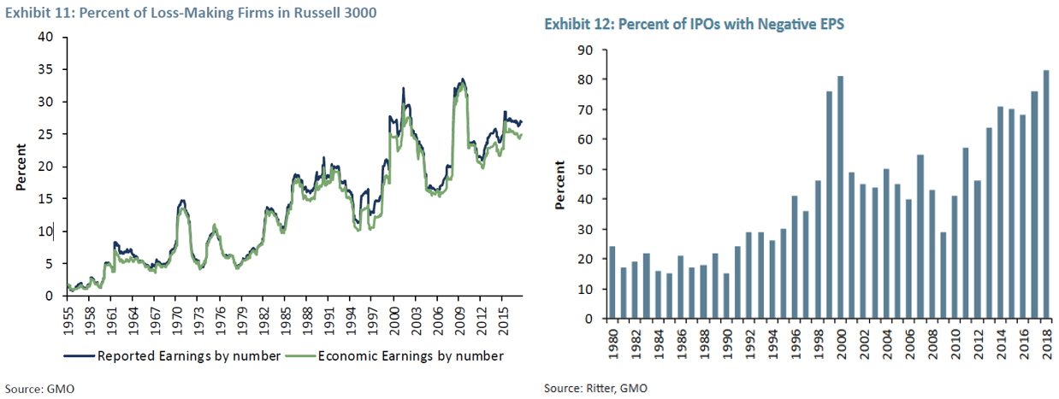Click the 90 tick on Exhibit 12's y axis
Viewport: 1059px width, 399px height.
(587, 50)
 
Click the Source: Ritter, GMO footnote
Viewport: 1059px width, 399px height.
(595, 388)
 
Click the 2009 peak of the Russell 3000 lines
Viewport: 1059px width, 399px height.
(462, 80)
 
